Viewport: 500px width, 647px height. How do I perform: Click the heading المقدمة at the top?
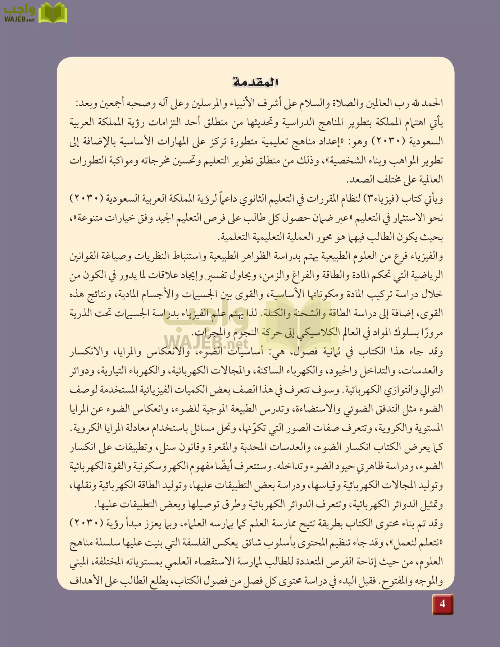pos(255,82)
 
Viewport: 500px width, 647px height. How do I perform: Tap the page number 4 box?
pos(442,604)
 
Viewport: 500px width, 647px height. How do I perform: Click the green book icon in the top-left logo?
pos(53,13)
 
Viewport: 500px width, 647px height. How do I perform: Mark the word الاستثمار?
pos(404,218)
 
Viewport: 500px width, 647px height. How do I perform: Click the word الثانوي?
pos(250,199)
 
